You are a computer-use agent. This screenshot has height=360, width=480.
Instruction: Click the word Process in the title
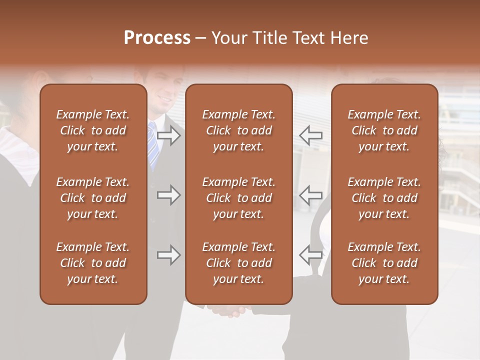click(x=157, y=38)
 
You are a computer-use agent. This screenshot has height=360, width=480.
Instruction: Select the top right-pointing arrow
click(x=169, y=135)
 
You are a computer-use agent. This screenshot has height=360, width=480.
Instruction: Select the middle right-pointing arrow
click(x=169, y=195)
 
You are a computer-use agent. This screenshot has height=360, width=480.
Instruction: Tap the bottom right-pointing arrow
click(x=169, y=255)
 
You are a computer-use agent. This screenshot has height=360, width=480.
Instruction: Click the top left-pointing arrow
click(x=310, y=135)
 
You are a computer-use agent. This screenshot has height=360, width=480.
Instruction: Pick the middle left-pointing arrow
click(x=310, y=195)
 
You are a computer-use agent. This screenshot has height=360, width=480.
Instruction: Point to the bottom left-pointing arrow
click(x=310, y=255)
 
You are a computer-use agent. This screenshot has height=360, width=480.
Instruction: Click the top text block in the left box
click(x=93, y=130)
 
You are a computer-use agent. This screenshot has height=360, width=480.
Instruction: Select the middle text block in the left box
click(x=93, y=198)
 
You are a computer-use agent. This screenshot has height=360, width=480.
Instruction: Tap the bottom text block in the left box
click(x=93, y=263)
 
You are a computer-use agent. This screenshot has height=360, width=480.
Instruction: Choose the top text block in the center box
click(x=238, y=130)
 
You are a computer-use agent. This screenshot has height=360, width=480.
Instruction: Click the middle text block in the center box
click(x=238, y=198)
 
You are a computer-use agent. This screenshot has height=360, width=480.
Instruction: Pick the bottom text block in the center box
click(x=238, y=263)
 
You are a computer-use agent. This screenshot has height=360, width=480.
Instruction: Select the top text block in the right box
click(x=384, y=130)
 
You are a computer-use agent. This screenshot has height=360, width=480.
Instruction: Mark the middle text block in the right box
click(x=384, y=198)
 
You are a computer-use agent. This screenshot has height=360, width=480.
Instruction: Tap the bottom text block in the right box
click(x=384, y=263)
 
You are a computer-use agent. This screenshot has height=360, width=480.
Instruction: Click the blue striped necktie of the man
click(x=152, y=145)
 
